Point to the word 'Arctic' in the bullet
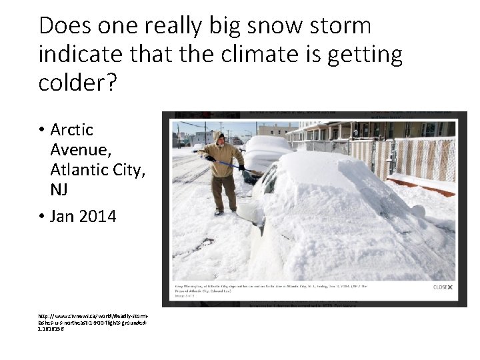point(72,129)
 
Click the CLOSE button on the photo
point(443,287)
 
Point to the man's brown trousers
point(224,192)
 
